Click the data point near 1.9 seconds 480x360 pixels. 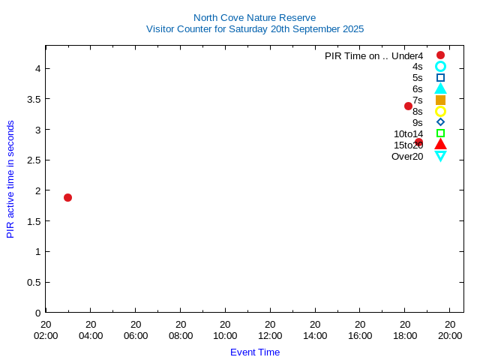coord(67,197)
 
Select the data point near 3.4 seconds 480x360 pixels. coord(408,106)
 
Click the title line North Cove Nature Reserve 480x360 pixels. coord(254,17)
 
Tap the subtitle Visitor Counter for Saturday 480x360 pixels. coord(254,29)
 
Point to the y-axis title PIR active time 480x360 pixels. coord(10,179)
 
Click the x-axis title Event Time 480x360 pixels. coord(255,352)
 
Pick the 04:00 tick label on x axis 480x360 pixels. coord(91,335)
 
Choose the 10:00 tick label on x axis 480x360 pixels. coord(225,335)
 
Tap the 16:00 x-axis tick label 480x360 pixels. coord(360,335)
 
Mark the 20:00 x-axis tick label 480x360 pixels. coord(450,335)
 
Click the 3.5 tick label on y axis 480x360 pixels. coord(32,99)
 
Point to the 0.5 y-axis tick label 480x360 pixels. coord(32,282)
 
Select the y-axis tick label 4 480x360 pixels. coord(36,68)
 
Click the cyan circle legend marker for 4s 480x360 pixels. coord(440,66)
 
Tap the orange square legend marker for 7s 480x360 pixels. coord(440,100)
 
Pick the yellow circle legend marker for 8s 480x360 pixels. coord(440,111)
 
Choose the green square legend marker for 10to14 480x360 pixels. coord(440,133)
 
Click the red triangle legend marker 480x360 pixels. coord(440,144)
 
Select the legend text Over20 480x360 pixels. coord(407,156)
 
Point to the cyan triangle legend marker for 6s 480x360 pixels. coord(440,88)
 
